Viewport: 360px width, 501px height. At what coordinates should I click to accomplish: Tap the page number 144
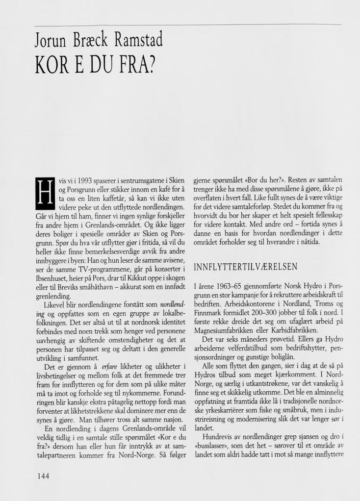point(43,475)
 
